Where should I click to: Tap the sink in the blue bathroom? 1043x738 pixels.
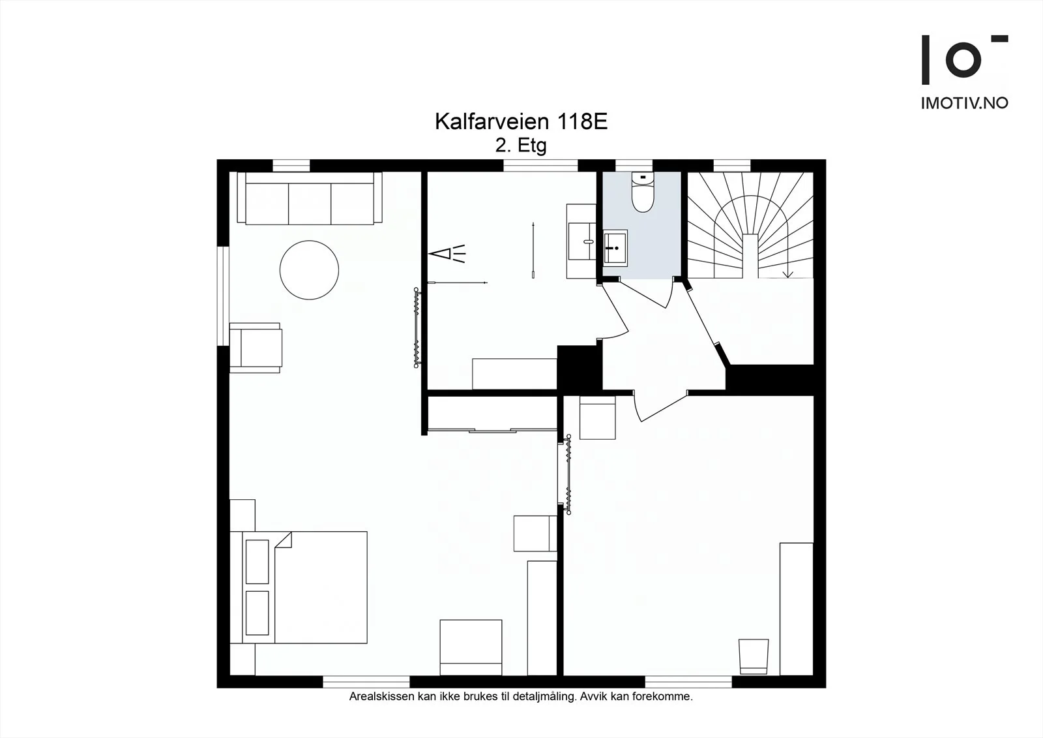tap(615, 248)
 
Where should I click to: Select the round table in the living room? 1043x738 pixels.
tap(309, 270)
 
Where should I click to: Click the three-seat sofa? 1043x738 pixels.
tap(310, 198)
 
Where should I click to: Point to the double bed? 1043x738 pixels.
tap(299, 587)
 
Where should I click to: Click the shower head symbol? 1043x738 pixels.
tap(447, 254)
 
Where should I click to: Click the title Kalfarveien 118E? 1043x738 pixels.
tap(521, 121)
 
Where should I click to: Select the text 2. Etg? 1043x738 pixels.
tap(521, 146)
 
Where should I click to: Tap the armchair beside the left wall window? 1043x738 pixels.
tap(256, 348)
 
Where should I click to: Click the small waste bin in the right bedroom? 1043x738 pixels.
tap(754, 656)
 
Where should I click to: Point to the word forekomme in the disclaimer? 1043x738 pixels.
tap(666, 697)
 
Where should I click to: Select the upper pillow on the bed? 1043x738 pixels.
tap(257, 562)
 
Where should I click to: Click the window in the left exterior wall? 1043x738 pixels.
tap(224, 296)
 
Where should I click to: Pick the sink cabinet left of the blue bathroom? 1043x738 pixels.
tap(581, 241)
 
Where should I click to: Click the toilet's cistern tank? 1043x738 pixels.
tap(643, 177)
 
